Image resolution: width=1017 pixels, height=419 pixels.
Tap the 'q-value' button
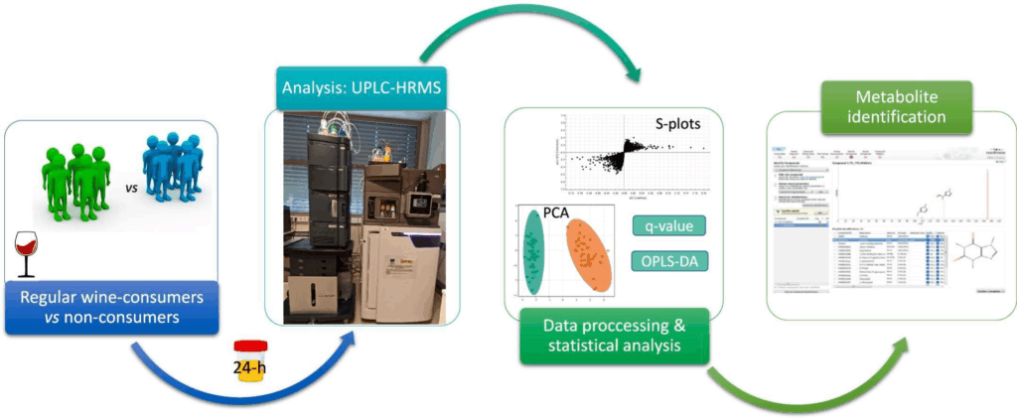tap(667, 226)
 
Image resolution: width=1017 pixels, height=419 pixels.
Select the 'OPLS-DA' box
tap(667, 263)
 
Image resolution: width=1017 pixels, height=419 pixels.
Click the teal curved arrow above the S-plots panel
tap(526, 30)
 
